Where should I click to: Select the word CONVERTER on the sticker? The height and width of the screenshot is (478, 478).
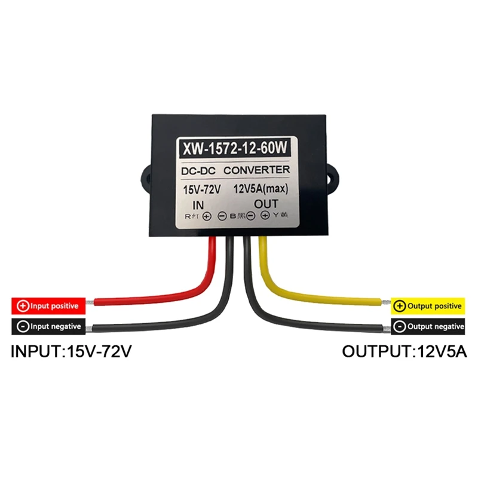click(258, 171)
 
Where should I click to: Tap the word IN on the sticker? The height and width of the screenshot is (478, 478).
click(200, 203)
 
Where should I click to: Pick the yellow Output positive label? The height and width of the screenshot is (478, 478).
click(428, 307)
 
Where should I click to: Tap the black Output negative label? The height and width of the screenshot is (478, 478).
click(428, 326)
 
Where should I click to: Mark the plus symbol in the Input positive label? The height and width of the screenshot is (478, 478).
click(23, 306)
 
